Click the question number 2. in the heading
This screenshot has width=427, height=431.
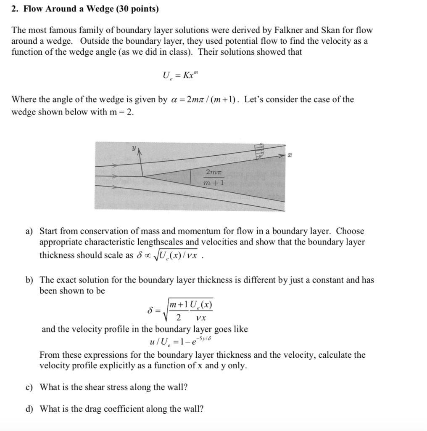click(x=15, y=9)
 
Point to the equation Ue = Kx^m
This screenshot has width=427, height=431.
click(x=179, y=76)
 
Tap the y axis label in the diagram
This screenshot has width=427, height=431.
click(x=134, y=149)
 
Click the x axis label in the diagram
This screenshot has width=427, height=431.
click(x=290, y=156)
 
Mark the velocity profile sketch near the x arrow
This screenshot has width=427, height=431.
click(x=260, y=151)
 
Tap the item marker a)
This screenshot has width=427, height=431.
click(x=29, y=231)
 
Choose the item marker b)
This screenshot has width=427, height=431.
click(x=29, y=280)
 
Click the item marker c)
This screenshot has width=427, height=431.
click(x=29, y=387)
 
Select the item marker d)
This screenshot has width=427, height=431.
click(x=29, y=409)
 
